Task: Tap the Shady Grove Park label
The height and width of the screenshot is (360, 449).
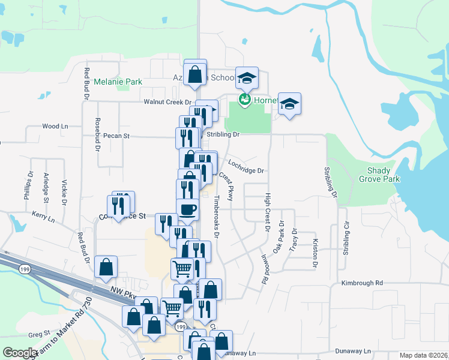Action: [x=382, y=175]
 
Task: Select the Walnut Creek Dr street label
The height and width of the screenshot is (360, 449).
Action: [x=166, y=103]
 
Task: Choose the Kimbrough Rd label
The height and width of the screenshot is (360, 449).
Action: [x=361, y=283]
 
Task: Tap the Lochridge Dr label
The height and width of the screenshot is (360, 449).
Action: [x=246, y=170]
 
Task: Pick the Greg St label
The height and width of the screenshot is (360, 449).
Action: [x=38, y=334]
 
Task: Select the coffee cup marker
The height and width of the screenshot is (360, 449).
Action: [x=187, y=209]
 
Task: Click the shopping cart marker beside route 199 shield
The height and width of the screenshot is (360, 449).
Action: [x=172, y=308]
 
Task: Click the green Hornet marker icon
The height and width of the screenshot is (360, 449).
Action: [x=245, y=98]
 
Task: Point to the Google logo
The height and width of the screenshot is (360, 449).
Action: [x=19, y=353]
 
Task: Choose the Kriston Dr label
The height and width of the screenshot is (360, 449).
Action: [x=315, y=253]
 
